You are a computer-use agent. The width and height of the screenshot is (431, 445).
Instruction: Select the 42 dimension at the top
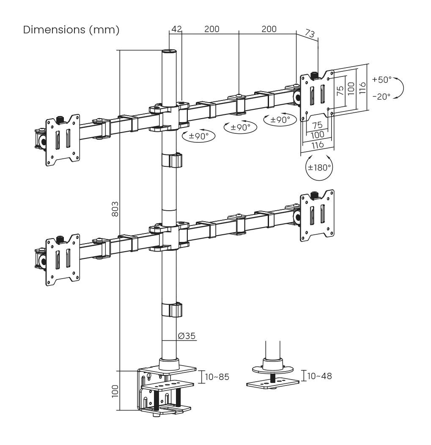176,29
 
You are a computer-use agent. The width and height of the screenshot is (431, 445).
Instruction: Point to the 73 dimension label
310,34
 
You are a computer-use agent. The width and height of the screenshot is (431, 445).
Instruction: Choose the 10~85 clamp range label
217,377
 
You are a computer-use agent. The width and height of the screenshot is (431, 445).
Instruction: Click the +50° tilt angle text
382,79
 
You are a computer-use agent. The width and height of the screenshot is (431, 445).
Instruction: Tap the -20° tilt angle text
382,96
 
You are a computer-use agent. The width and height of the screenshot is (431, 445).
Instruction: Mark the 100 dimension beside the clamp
115,391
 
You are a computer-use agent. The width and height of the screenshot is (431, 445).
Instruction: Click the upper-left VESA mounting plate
63,140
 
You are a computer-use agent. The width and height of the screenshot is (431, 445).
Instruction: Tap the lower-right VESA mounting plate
317,217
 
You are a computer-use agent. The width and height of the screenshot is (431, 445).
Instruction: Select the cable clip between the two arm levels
171,160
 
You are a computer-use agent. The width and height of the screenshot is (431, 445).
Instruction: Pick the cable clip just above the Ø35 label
171,309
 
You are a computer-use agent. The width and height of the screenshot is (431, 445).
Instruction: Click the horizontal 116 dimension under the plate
317,144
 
